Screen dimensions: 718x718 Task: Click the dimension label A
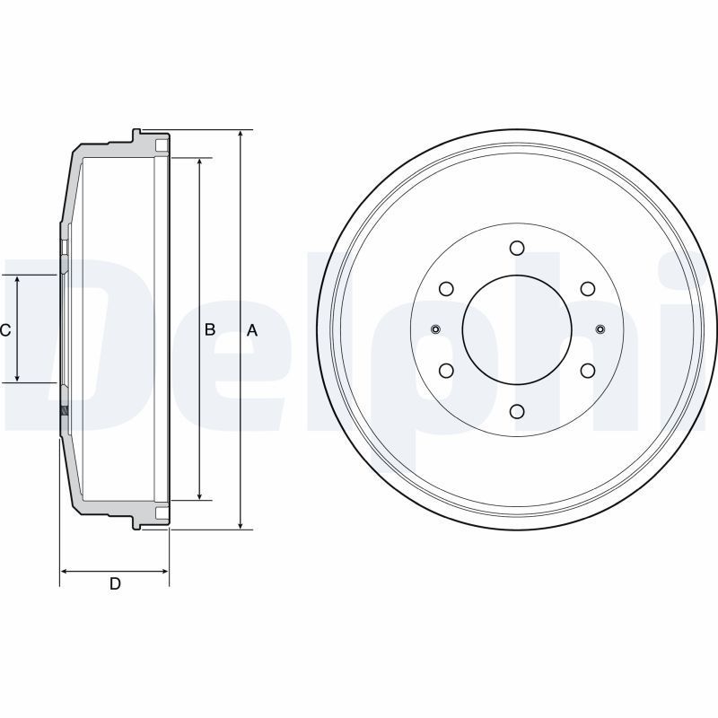[252, 330]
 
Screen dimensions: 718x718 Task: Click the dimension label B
[210, 329]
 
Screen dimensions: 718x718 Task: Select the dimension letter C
[5, 329]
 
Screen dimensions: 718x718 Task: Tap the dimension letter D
[115, 583]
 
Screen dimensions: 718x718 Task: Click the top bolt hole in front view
[517, 248]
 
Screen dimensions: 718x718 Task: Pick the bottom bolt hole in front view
[517, 411]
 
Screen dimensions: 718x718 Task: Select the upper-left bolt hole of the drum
[446, 288]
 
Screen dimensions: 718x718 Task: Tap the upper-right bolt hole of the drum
[588, 288]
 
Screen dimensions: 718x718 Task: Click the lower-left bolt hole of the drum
[446, 370]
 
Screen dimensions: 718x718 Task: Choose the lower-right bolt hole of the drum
[588, 370]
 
